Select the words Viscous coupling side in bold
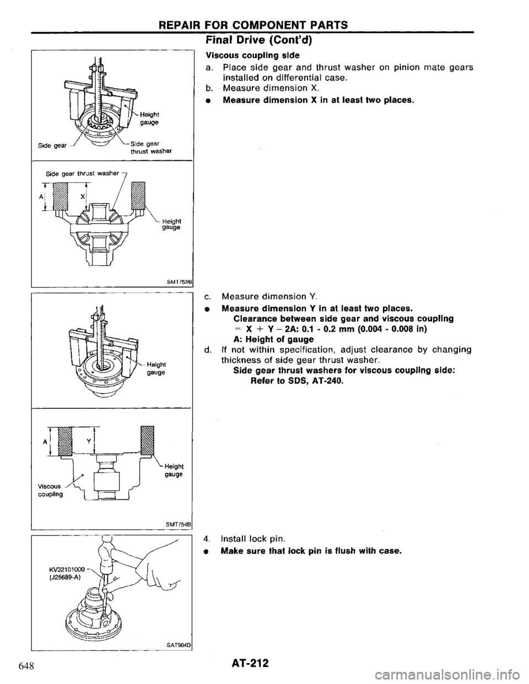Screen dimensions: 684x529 237,55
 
